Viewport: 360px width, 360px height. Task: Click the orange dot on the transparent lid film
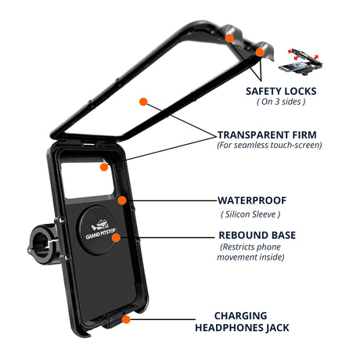pos(143,103)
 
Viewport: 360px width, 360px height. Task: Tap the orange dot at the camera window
pos(103,167)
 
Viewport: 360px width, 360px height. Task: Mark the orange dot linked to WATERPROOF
pos(122,200)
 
